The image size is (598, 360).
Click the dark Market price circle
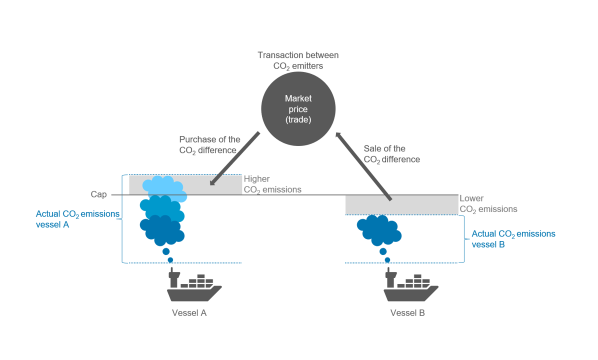[x=298, y=108]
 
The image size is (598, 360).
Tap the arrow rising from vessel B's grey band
[x=363, y=166]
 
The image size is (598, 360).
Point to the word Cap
[x=98, y=194]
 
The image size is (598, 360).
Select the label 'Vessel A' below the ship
[x=189, y=313]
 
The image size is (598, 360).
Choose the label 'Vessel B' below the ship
[x=407, y=313]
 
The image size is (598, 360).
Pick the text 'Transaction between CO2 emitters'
[x=298, y=60]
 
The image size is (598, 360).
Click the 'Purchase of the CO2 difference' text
[x=209, y=144]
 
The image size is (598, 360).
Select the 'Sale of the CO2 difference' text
[x=391, y=154]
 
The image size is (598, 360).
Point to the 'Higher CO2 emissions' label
[x=272, y=184]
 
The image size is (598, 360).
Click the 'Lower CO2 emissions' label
[x=488, y=204]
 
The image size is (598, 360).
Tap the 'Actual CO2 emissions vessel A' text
[x=77, y=219]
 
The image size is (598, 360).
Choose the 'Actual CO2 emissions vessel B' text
[x=513, y=239]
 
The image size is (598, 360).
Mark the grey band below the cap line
[x=401, y=204]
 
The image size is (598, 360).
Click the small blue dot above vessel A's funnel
[x=170, y=260]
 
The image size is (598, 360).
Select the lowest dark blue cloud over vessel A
[x=162, y=230]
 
